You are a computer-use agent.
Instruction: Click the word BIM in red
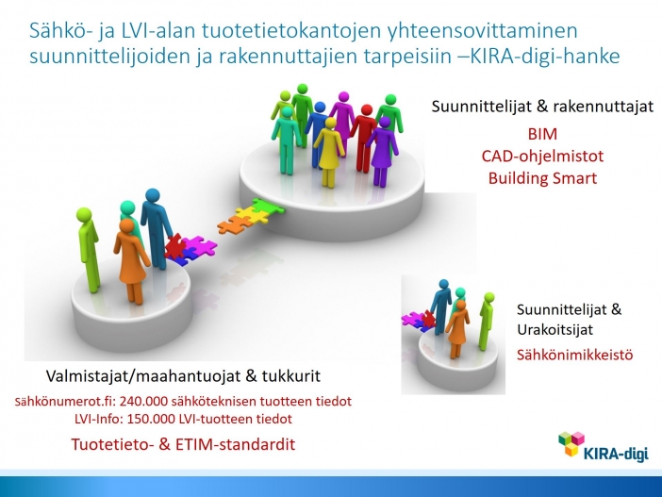pos(542,134)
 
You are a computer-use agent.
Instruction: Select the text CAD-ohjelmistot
pos(542,157)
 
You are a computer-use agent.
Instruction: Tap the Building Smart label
pos(542,178)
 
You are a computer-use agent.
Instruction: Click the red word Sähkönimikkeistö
pos(574,355)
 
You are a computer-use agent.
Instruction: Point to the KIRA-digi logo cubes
pos(571,443)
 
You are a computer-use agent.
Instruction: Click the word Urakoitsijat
pos(554,330)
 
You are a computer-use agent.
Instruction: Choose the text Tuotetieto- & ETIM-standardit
pos(183,444)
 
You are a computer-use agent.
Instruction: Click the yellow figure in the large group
pos(329,152)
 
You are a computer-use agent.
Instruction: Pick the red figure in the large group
pos(364,139)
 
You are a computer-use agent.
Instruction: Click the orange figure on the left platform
pos(131,261)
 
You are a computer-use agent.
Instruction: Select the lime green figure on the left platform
pos(89,250)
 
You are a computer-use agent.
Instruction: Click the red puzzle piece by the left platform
pos(174,246)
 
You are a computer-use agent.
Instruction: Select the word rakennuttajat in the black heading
pos(604,106)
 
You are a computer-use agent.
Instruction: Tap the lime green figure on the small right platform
pos(486,321)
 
